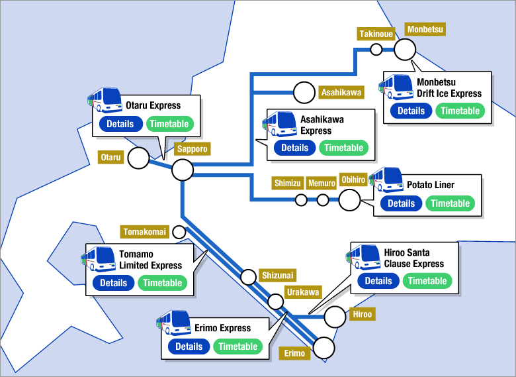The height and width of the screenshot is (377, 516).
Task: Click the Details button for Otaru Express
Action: click(121, 124)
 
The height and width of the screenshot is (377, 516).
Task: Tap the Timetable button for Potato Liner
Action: click(450, 203)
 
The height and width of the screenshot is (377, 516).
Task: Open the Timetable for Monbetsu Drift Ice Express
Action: click(460, 111)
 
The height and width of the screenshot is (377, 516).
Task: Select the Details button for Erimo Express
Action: click(189, 347)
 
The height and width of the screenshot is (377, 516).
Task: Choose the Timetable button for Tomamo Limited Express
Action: click(162, 283)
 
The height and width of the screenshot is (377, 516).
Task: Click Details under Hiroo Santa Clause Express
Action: click(378, 281)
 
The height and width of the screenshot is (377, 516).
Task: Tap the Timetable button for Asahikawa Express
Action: click(343, 148)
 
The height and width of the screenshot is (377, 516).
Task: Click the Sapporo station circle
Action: click(183, 170)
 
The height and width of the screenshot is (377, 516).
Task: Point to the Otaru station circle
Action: click(138, 158)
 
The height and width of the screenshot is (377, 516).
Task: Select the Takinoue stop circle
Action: click(376, 50)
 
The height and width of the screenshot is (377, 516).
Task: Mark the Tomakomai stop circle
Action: click(179, 232)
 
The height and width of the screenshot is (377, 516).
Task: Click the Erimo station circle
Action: click(324, 348)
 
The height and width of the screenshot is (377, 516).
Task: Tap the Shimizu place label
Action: click(288, 183)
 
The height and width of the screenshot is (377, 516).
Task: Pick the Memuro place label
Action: click(322, 183)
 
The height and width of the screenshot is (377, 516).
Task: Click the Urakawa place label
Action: click(303, 292)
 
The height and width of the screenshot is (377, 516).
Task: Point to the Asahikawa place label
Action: click(341, 92)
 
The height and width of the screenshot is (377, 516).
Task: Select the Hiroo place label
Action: click(363, 314)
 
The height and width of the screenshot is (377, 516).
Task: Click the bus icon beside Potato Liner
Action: click(386, 180)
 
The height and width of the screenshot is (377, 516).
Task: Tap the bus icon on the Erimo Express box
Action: click(173, 322)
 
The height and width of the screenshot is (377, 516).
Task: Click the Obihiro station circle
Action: click(349, 200)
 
